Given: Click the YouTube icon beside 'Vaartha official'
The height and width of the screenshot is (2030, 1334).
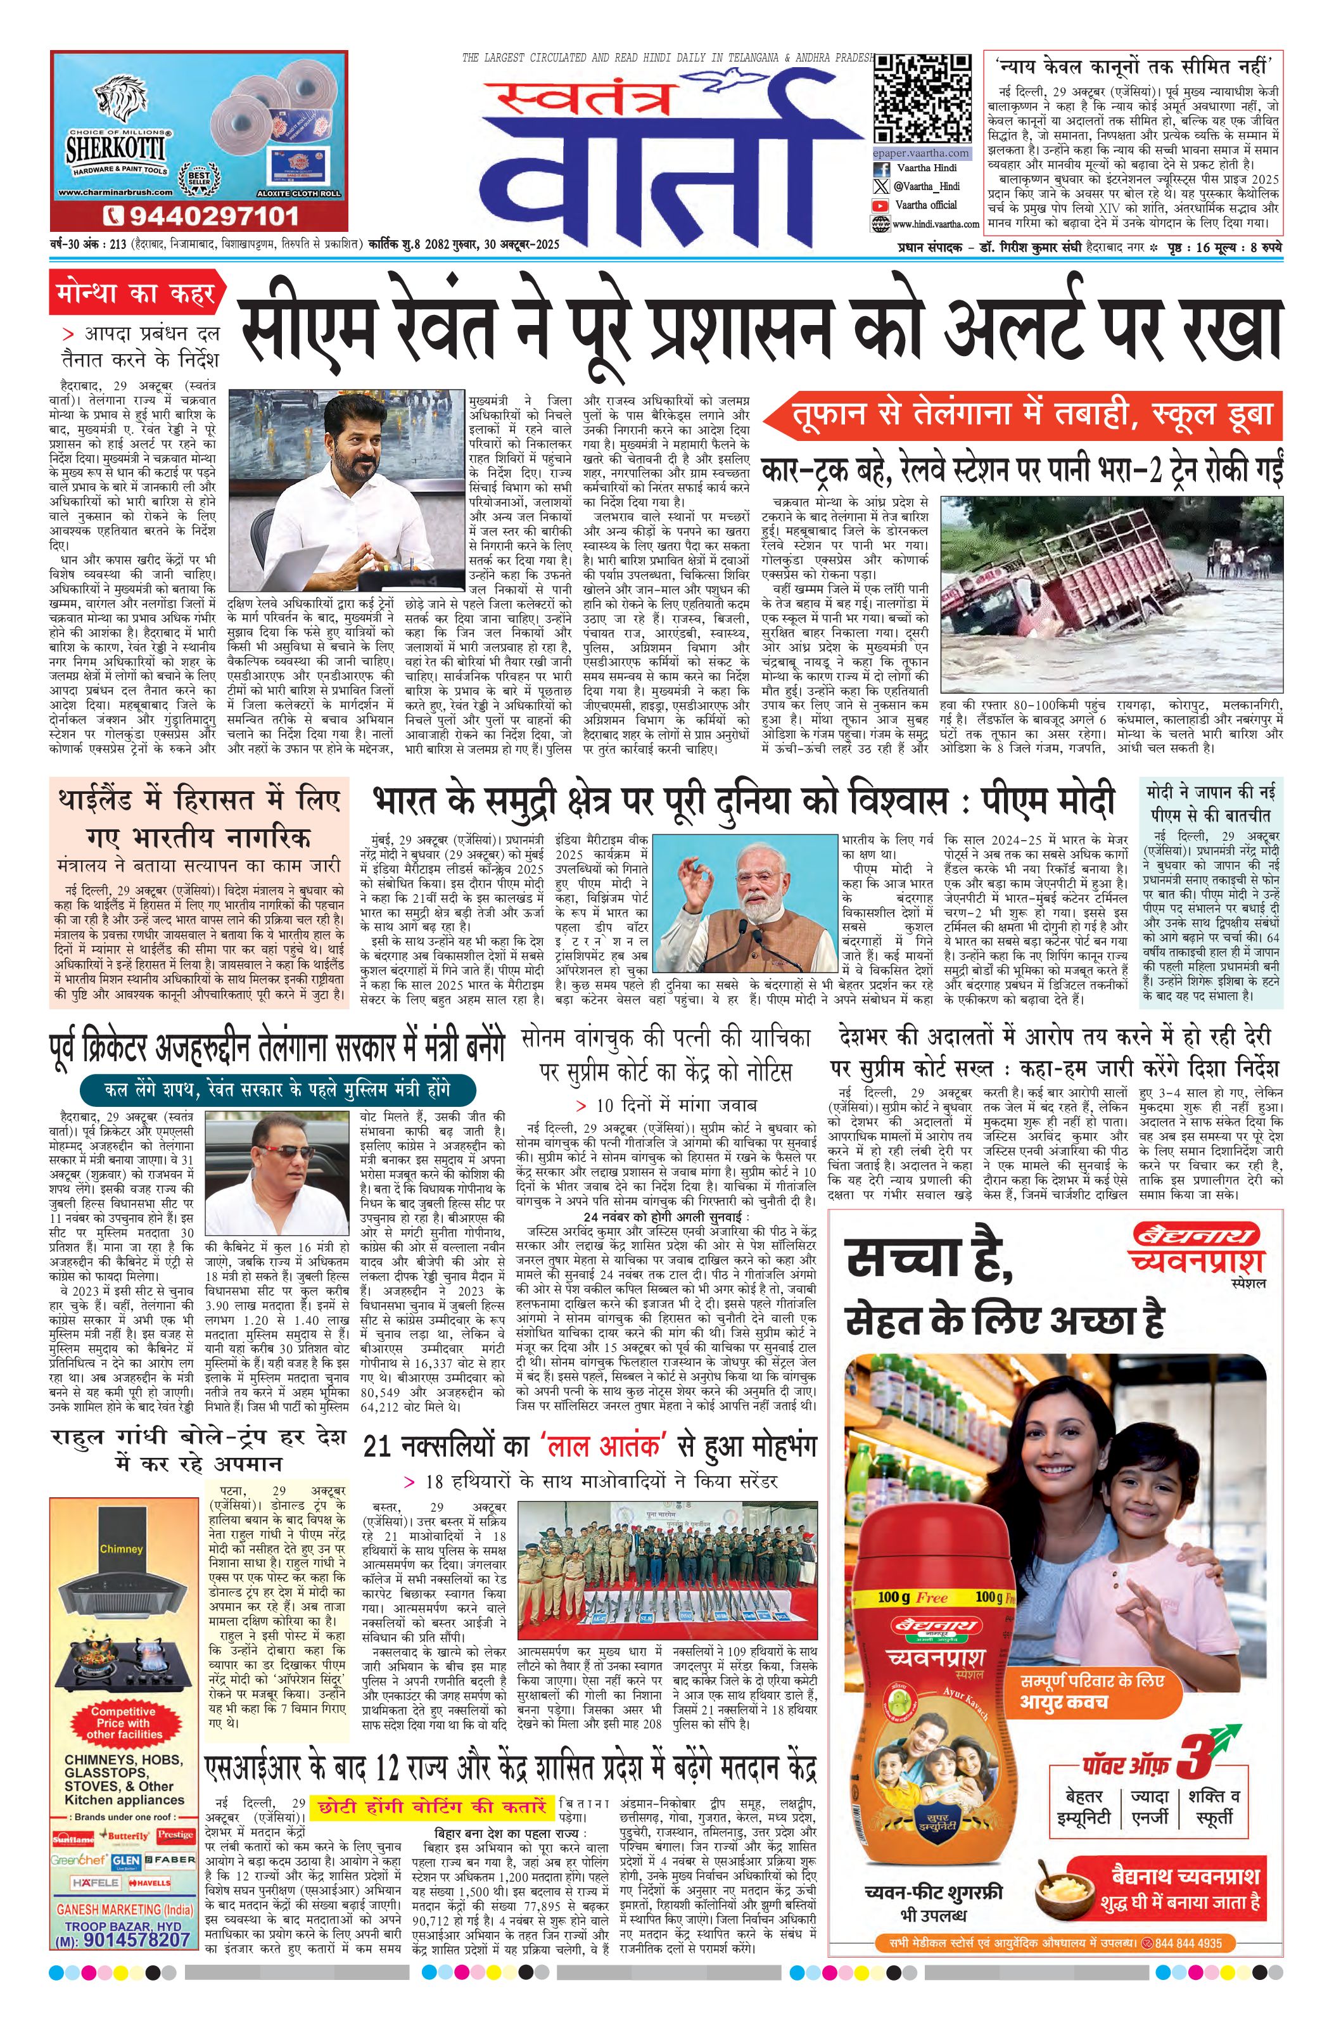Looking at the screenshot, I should tap(880, 205).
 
